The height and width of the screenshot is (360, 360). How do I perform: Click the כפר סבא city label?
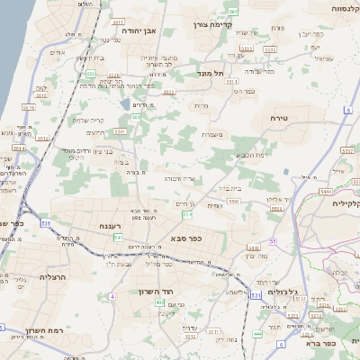click(184, 238)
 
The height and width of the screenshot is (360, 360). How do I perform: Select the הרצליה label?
click(54, 277)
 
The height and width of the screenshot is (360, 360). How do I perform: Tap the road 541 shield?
click(118, 237)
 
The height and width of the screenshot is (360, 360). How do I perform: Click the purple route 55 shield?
click(271, 242)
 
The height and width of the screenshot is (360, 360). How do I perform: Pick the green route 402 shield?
click(160, 302)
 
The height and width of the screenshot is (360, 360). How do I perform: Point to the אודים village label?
click(57, 52)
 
